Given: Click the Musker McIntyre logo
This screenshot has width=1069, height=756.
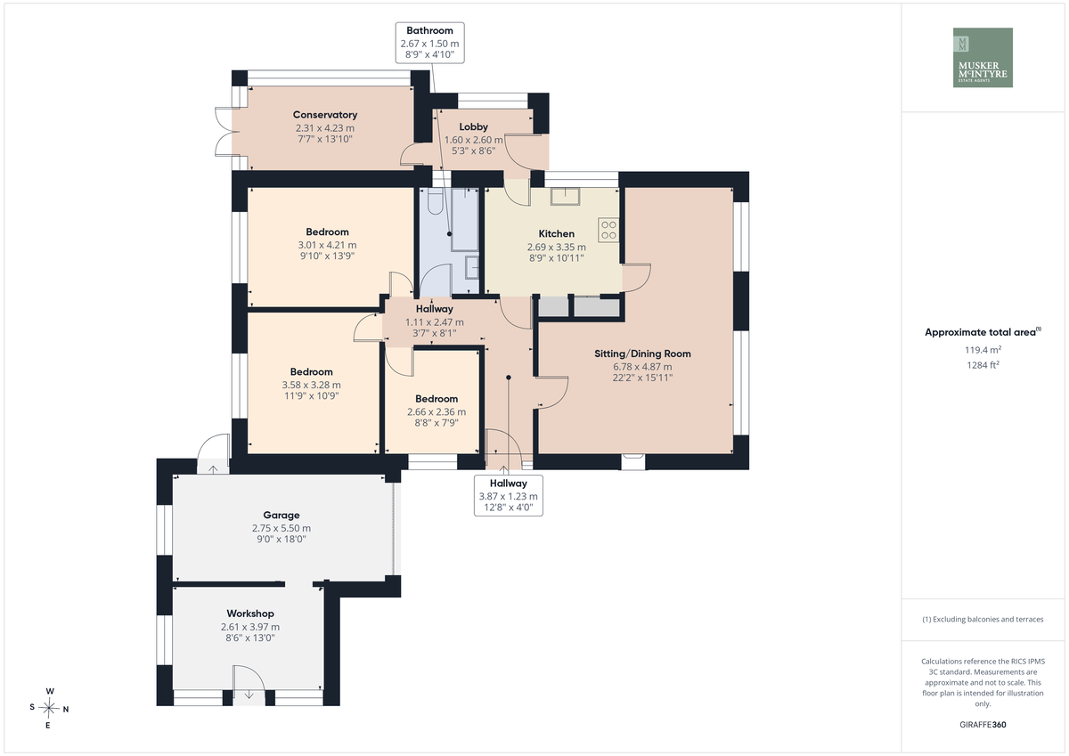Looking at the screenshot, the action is pos(983,57).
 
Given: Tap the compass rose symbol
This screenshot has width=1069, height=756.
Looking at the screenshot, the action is pos(49,708).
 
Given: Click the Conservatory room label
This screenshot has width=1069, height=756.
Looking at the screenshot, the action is pos(325,115).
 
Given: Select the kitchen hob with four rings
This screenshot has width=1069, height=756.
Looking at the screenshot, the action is pos(608,230).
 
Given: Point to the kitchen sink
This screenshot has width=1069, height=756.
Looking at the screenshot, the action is pos(566,197).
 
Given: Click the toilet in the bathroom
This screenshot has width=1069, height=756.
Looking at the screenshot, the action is pos(435,201).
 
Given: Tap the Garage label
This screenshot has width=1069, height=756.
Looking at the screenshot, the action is pos(282,515).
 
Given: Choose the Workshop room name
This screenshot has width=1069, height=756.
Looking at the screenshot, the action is pos(250,614).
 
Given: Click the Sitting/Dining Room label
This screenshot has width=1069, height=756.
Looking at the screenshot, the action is pos(642,354).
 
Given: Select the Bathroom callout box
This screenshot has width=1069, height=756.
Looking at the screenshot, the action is pos(429,43).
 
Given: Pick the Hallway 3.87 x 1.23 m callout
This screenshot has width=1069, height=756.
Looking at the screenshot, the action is pos(509,495).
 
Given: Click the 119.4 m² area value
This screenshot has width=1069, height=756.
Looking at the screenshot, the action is pos(983,350).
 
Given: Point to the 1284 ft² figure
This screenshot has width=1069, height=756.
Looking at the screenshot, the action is pos(983,365).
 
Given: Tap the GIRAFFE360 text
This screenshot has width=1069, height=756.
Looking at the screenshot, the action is pos(983,725).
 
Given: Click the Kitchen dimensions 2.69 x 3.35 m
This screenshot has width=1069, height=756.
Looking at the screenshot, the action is pos(557,247).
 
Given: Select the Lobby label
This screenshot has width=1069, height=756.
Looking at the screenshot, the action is pos(473,126).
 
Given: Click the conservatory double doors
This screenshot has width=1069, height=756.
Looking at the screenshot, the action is pos(224,131).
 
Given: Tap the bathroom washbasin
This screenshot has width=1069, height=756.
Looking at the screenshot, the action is pos(472,267).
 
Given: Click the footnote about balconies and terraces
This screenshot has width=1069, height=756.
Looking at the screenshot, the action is pos(983,619).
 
